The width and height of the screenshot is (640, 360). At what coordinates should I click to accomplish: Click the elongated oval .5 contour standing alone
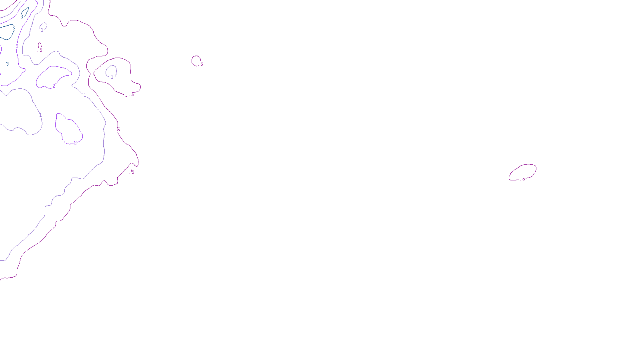tap(536, 170)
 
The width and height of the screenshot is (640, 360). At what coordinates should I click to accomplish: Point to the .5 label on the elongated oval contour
tap(524, 179)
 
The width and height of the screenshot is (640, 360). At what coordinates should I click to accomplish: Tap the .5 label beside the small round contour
tap(202, 64)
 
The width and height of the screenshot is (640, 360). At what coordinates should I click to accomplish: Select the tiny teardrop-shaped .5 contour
tap(39, 45)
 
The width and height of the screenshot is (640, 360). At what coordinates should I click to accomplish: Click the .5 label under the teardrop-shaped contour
tap(40, 50)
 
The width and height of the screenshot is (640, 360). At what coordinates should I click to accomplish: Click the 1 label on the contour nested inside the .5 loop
tap(112, 77)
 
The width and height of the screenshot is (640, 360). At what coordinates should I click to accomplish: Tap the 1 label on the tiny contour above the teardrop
tap(42, 30)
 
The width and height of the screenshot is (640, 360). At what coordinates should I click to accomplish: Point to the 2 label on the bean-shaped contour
tap(54, 86)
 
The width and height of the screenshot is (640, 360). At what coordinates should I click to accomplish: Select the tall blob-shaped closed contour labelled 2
tap(56, 124)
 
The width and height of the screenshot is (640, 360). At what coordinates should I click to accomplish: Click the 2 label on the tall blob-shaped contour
tap(75, 143)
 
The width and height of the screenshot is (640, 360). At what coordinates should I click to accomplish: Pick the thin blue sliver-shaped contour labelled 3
tap(26, 9)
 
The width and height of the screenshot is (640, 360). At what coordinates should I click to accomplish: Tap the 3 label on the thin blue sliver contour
tap(22, 17)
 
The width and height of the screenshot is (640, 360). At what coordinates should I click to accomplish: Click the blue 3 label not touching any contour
tap(7, 64)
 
